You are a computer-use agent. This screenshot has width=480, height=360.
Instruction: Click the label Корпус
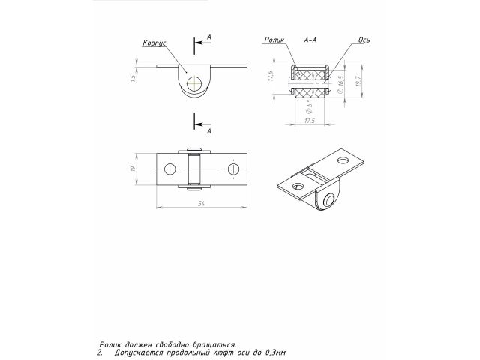click(154, 44)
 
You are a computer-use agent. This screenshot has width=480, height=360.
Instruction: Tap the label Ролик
click(274, 40)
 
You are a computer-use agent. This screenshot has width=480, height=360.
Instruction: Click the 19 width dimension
click(132, 171)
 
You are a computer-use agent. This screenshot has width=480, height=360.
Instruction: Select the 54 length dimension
click(202, 203)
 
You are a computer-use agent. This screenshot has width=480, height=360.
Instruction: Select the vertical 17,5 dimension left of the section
click(269, 77)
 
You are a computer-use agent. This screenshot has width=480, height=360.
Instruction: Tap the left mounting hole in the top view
click(170, 171)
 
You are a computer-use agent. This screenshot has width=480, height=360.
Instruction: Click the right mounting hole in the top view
click(235, 171)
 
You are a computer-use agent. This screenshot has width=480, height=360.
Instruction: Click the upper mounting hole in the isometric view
click(344, 160)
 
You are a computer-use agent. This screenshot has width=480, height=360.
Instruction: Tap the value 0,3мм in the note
click(275, 351)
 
